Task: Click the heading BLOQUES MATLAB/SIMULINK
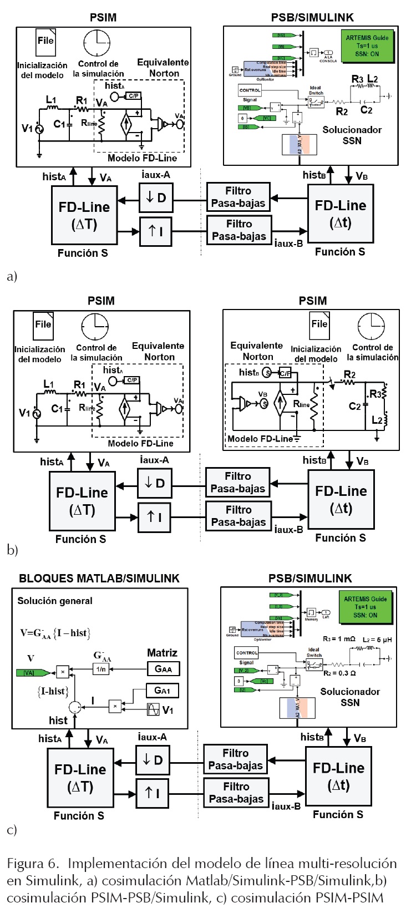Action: click(99, 579)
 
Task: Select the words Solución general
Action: click(55, 601)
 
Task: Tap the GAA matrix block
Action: click(163, 669)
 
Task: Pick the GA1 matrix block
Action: click(163, 690)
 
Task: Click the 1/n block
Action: click(101, 669)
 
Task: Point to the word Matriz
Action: click(162, 653)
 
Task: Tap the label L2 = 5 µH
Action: click(377, 640)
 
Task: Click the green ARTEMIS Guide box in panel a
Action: click(367, 46)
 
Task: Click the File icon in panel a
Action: click(45, 42)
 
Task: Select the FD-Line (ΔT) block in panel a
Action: click(84, 215)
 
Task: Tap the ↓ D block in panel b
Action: click(154, 483)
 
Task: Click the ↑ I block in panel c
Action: click(152, 793)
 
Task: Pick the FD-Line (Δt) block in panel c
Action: click(338, 776)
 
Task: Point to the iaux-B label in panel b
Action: click(288, 529)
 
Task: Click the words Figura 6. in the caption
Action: click(33, 864)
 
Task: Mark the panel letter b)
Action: click(12, 550)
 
